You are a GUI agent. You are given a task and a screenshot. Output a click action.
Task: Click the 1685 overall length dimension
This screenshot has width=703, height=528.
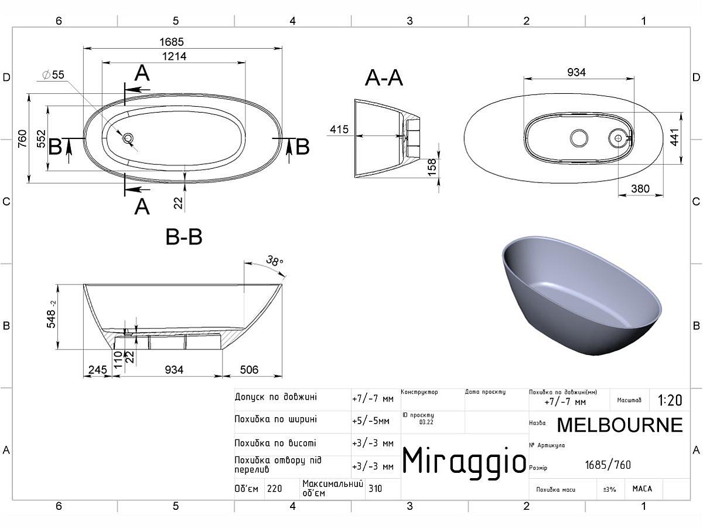click(x=172, y=42)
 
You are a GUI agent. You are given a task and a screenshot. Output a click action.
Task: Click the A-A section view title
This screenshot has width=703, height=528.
click(x=384, y=77)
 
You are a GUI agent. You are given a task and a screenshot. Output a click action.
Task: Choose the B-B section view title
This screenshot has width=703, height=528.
click(x=184, y=237)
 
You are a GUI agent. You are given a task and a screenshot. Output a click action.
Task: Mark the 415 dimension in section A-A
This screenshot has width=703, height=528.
click(x=339, y=130)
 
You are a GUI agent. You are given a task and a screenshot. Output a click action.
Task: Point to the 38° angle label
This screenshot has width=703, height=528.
click(x=274, y=261)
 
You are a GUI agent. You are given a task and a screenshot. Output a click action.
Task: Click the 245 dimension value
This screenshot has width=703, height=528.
click(x=97, y=370)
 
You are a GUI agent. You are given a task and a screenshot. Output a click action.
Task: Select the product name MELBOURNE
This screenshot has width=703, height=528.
click(x=619, y=424)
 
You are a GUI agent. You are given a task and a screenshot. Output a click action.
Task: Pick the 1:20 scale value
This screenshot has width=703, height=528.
click(x=670, y=400)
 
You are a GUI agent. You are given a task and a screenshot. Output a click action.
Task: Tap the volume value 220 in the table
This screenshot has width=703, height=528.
click(x=274, y=488)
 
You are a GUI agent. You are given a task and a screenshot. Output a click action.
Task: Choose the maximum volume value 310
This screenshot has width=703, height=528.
click(x=376, y=488)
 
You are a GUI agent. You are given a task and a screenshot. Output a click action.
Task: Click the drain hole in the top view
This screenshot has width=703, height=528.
click(x=128, y=138)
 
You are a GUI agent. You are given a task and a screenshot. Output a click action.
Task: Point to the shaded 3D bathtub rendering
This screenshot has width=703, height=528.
click(x=580, y=296)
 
